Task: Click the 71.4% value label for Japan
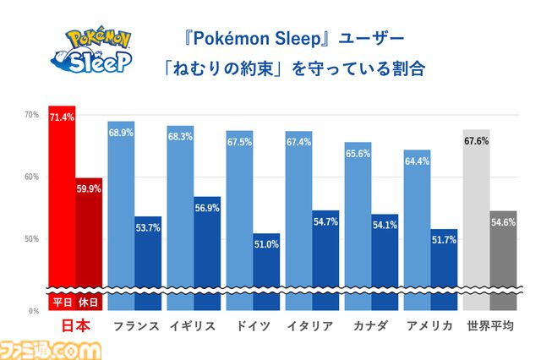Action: click(x=62, y=117)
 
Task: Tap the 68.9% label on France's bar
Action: click(x=121, y=134)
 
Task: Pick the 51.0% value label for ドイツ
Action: click(x=265, y=245)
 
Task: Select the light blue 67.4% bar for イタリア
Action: click(x=298, y=211)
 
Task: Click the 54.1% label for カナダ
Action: click(x=384, y=226)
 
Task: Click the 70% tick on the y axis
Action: click(x=31, y=114)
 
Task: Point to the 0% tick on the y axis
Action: click(x=31, y=311)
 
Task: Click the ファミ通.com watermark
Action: click(x=52, y=348)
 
